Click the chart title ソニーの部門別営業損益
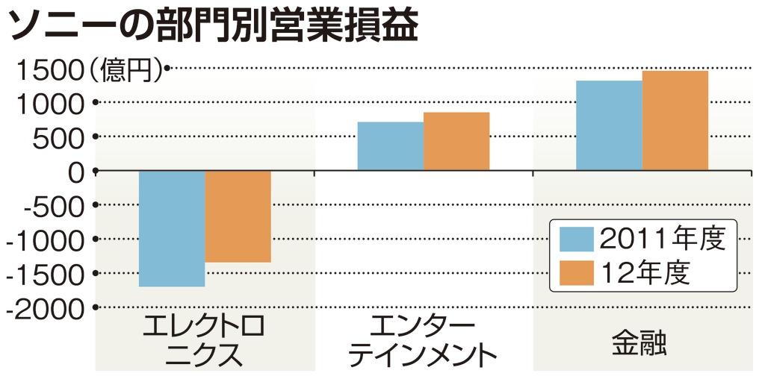click(x=213, y=26)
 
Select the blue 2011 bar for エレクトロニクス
click(x=172, y=228)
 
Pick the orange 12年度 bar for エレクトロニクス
click(x=238, y=216)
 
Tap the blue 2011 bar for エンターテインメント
click(x=390, y=146)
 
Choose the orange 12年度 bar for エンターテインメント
click(x=456, y=141)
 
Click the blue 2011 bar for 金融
click(x=609, y=125)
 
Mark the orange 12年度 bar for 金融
click(x=675, y=120)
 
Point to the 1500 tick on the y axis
click(x=44, y=70)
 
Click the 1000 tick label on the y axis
click(x=44, y=104)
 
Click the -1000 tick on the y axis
click(x=44, y=240)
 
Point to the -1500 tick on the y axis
click(x=44, y=275)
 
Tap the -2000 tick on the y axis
click(x=44, y=308)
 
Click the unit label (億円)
click(x=126, y=69)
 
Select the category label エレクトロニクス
click(x=204, y=339)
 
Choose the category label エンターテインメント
click(x=423, y=339)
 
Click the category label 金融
click(x=639, y=342)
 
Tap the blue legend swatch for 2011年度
click(x=577, y=239)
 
